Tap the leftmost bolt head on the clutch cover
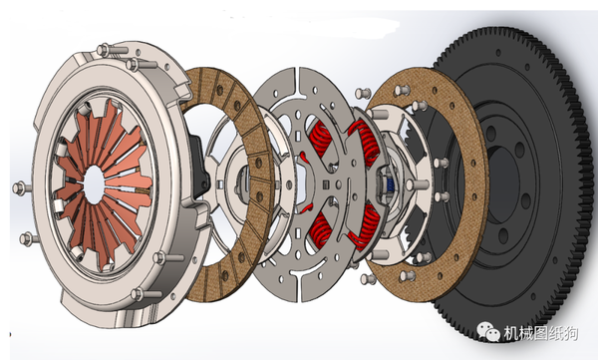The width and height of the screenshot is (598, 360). pos(18,187)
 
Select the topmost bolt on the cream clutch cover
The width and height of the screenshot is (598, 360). pos(104,50)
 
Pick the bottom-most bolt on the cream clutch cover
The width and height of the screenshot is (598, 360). pos(138,294)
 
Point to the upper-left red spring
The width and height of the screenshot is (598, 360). pos(320,139)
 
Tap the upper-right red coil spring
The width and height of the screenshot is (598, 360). pos(366,142)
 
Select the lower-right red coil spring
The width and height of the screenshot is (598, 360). pos(365,226)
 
